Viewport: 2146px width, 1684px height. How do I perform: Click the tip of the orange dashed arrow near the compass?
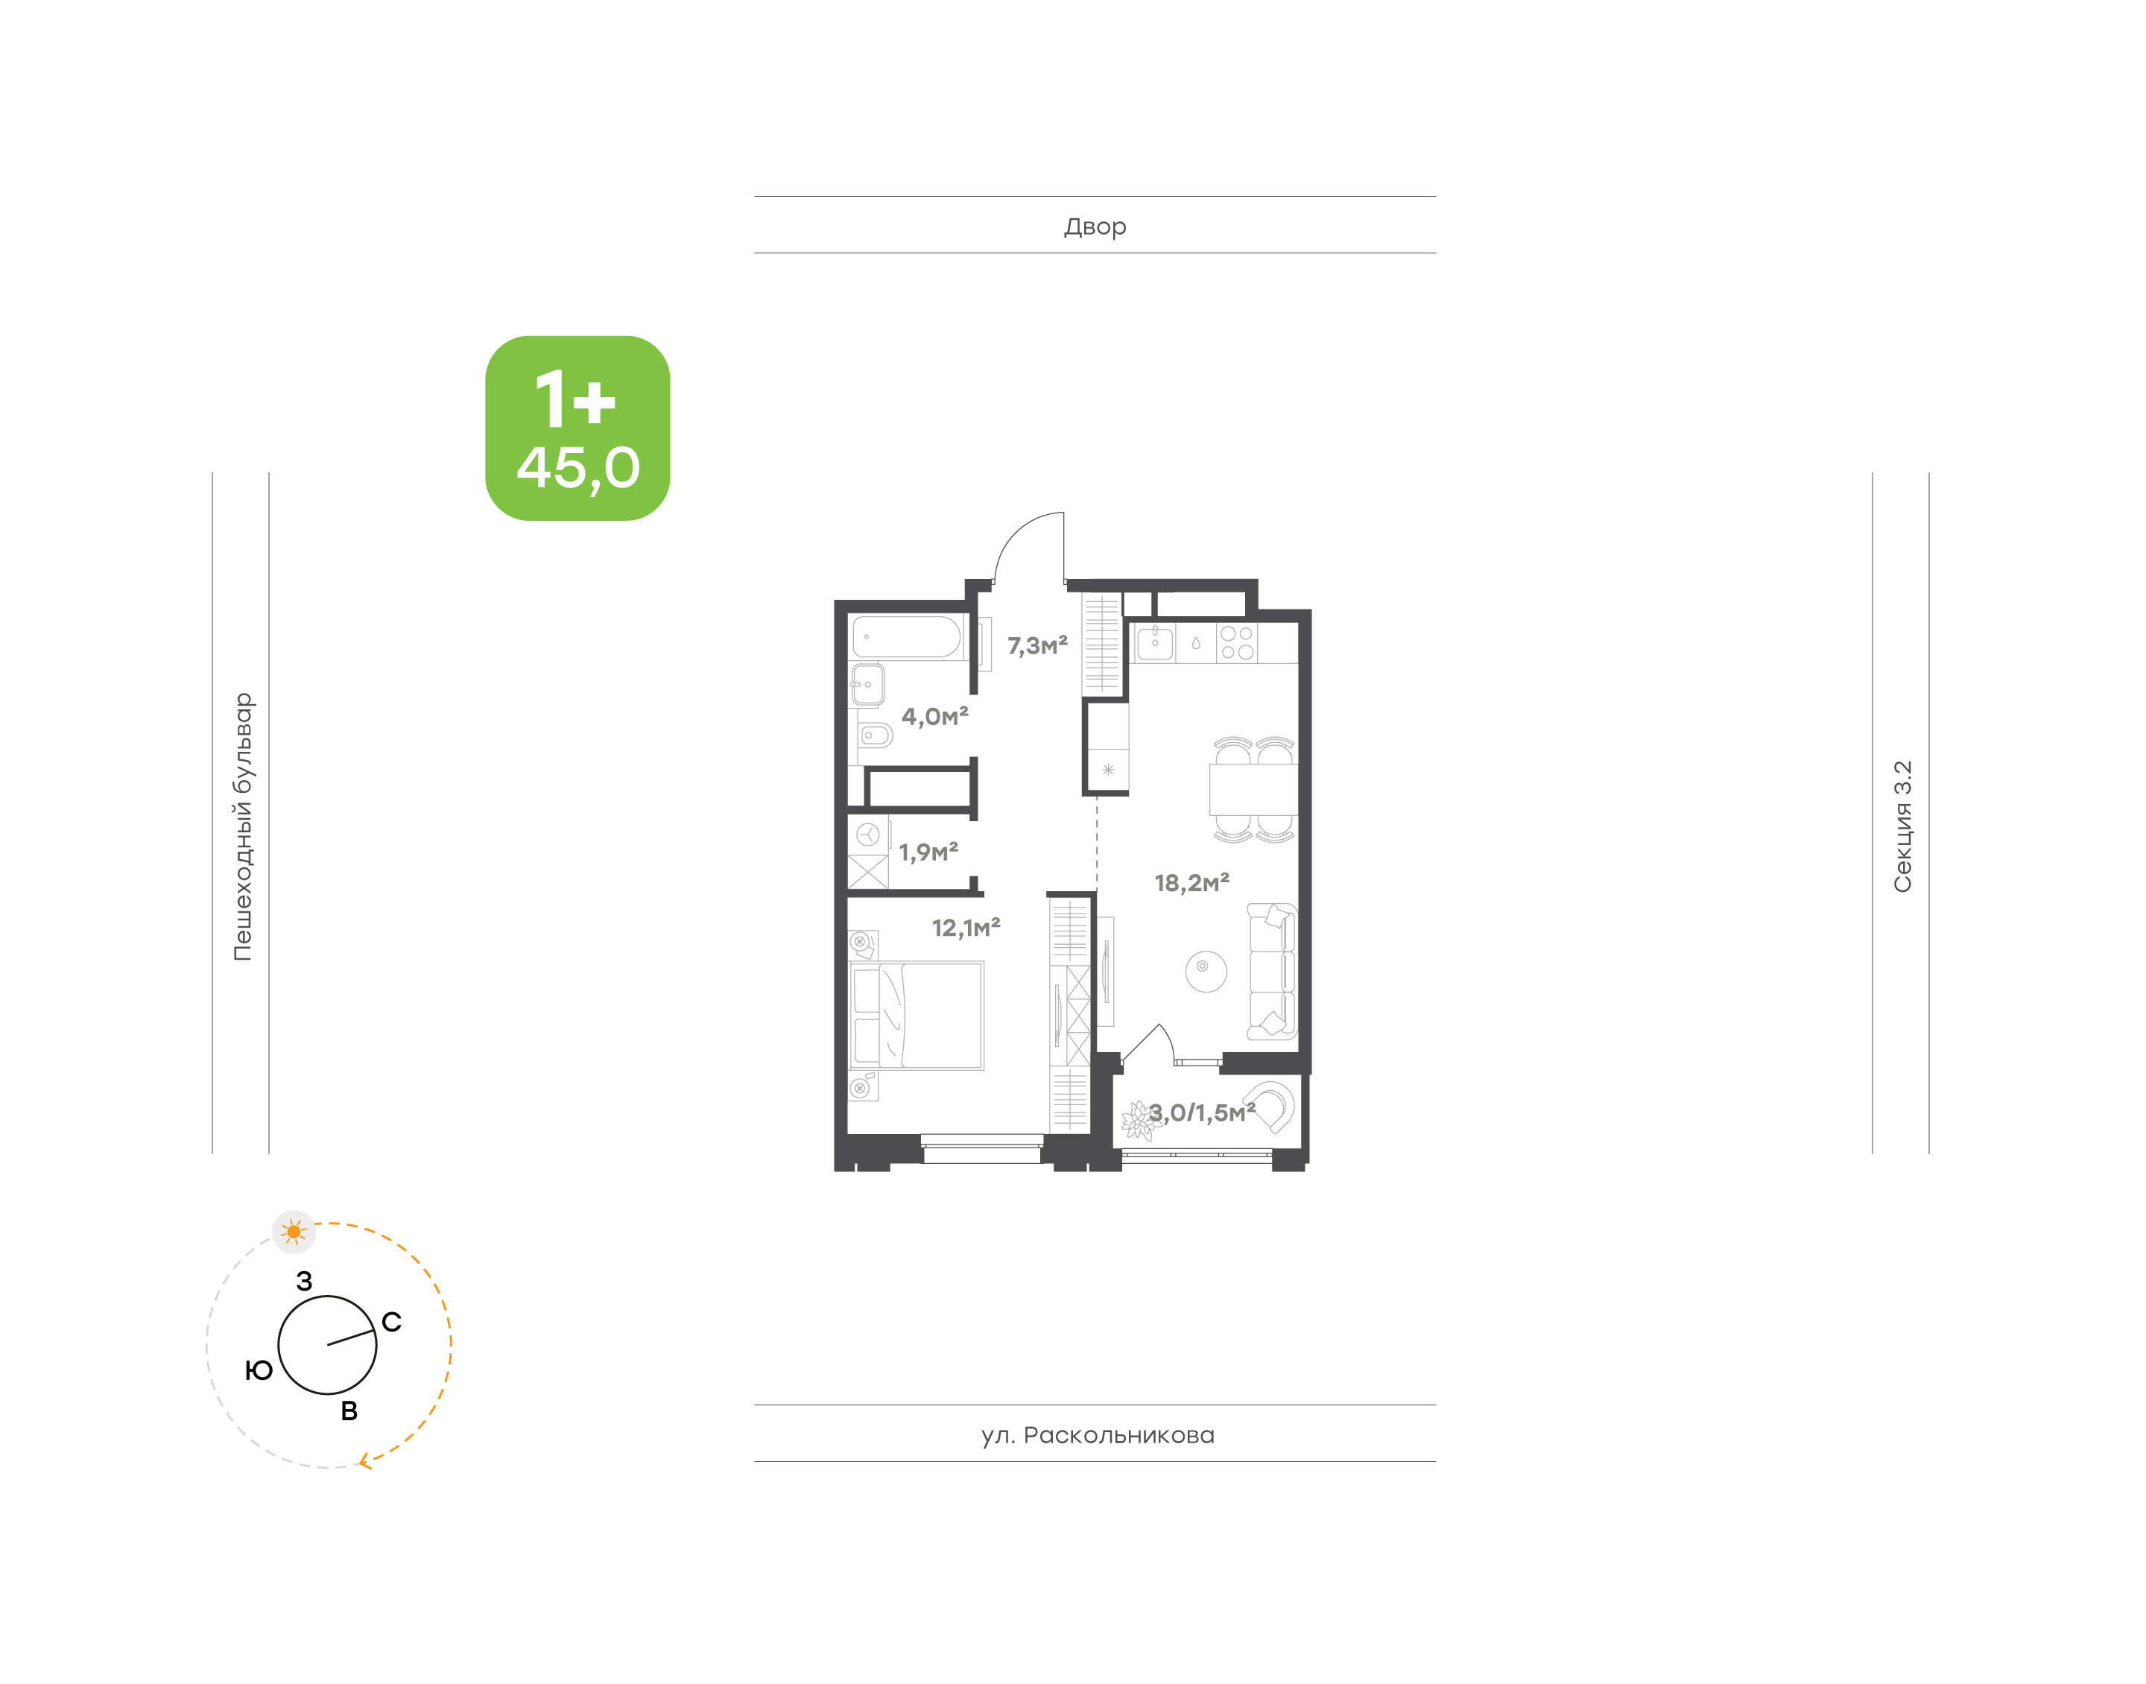(359, 1461)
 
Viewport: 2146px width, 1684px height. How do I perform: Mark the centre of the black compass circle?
(327, 1345)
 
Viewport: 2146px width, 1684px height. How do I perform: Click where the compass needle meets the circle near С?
(376, 1331)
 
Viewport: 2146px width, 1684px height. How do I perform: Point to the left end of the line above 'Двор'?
(755, 196)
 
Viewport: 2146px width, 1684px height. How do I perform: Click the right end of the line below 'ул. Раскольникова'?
(1435, 1461)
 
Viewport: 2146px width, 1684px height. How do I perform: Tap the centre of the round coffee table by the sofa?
(1206, 971)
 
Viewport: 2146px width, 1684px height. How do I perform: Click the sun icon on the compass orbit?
(294, 1232)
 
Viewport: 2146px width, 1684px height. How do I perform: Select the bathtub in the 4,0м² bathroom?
(906, 637)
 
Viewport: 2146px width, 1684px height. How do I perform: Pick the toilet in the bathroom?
(874, 735)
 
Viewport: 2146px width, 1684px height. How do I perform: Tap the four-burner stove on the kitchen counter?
(1237, 643)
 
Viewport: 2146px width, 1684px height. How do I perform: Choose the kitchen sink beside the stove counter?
(1154, 643)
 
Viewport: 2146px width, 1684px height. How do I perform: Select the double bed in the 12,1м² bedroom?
(917, 1016)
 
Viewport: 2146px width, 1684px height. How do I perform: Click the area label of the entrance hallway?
(1037, 646)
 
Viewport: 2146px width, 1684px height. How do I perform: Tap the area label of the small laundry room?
(928, 852)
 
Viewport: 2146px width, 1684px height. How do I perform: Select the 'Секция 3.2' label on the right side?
(1902, 826)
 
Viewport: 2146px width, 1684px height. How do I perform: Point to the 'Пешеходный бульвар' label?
(242, 826)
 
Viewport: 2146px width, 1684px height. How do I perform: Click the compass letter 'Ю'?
(259, 1370)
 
